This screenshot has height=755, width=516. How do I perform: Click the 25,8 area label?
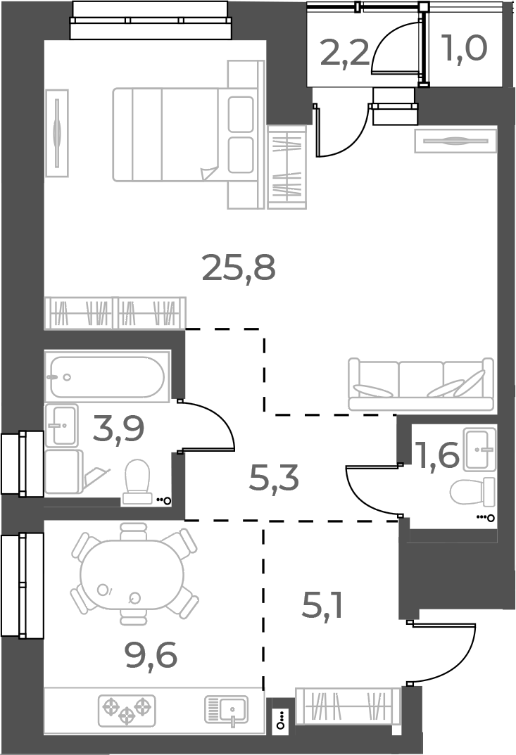coord(238,267)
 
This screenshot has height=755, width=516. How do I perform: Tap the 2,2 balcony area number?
coord(344,53)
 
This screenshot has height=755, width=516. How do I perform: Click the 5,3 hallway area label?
coord(274,480)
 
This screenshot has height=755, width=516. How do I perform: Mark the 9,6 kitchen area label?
coord(150,656)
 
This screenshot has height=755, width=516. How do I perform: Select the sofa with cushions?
coord(420,384)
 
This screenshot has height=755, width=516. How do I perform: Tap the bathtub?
coord(107,377)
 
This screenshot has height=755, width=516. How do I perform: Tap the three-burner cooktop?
coord(126,710)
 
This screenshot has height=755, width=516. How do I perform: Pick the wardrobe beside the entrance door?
coord(348,706)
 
